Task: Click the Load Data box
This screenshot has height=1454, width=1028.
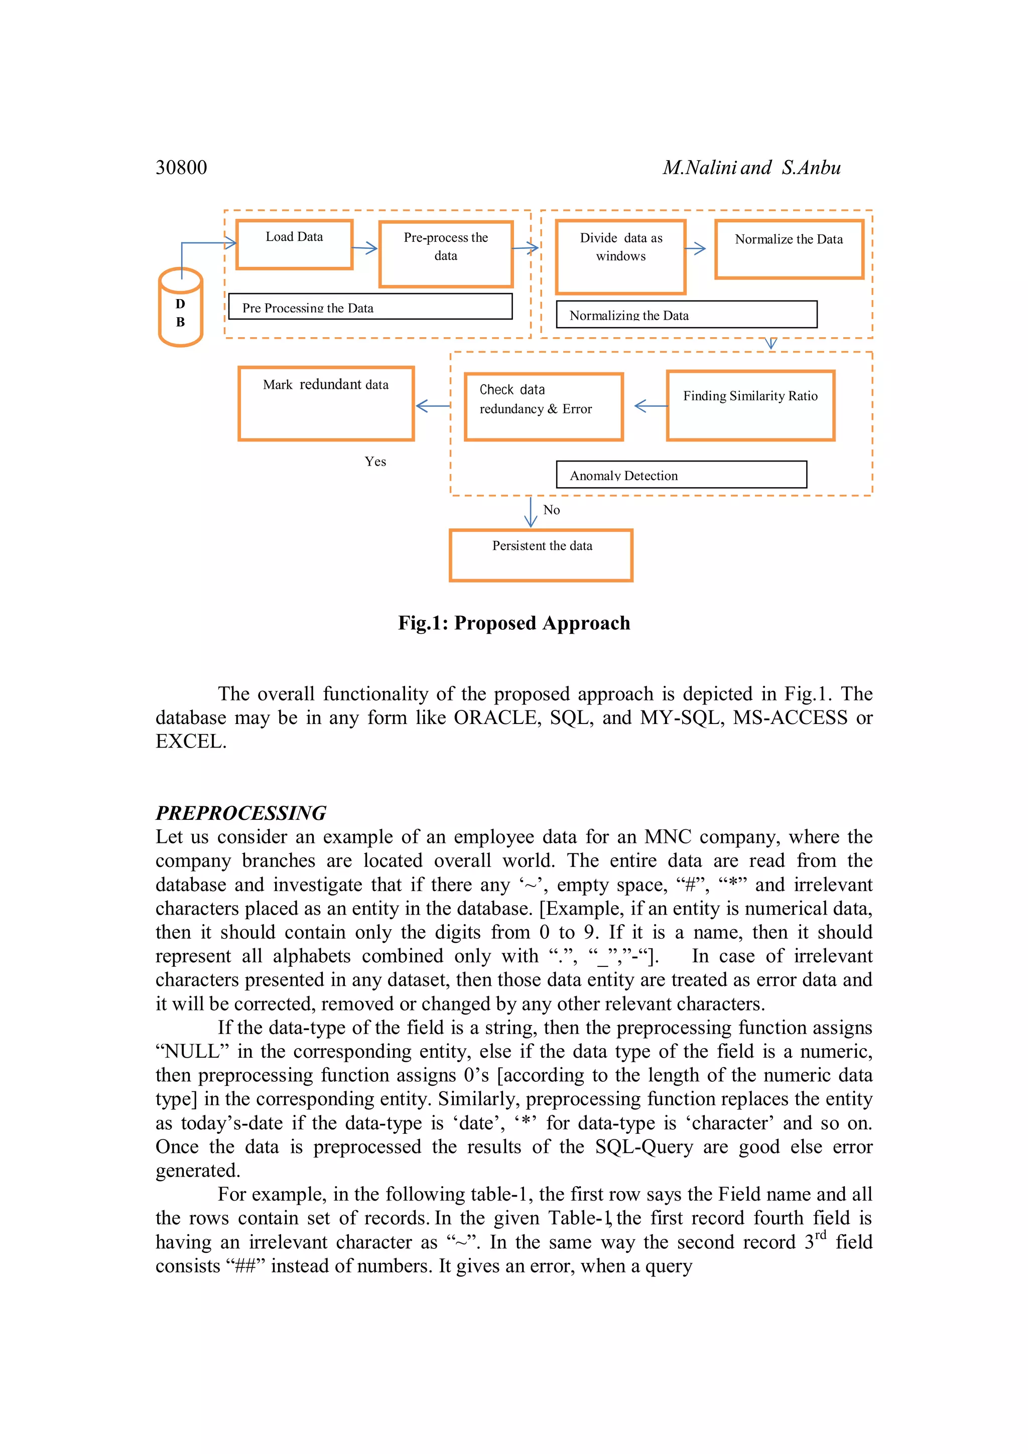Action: pyautogui.click(x=294, y=244)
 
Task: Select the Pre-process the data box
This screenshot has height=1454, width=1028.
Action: pyautogui.click(x=445, y=254)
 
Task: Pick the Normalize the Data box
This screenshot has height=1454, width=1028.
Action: pyautogui.click(x=789, y=249)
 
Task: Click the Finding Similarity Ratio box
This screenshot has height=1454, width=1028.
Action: pyautogui.click(x=750, y=405)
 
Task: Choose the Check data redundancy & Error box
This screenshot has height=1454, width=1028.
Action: pyautogui.click(x=544, y=406)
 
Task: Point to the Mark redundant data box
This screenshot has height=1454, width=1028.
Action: pyautogui.click(x=326, y=403)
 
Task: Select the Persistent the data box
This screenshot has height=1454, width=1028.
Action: pyautogui.click(x=541, y=555)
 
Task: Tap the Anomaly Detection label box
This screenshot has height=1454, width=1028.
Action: pyautogui.click(x=681, y=474)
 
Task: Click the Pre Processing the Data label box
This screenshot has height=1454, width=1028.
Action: pyautogui.click(x=370, y=307)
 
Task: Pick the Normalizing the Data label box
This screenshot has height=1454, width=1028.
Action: pyautogui.click(x=686, y=314)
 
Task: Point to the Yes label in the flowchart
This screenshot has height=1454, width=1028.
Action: pyautogui.click(x=375, y=462)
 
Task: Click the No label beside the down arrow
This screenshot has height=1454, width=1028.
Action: pyautogui.click(x=551, y=510)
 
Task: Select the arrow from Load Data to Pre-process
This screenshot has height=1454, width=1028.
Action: pyautogui.click(x=365, y=248)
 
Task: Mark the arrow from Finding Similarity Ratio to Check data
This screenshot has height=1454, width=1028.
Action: pyautogui.click(x=651, y=406)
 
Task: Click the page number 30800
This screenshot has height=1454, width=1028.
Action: pyautogui.click(x=181, y=167)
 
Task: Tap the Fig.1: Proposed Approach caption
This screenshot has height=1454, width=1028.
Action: pyautogui.click(x=513, y=623)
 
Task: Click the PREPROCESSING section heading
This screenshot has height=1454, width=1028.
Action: pyautogui.click(x=241, y=812)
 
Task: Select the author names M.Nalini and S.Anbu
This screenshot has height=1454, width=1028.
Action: pyautogui.click(x=751, y=167)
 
